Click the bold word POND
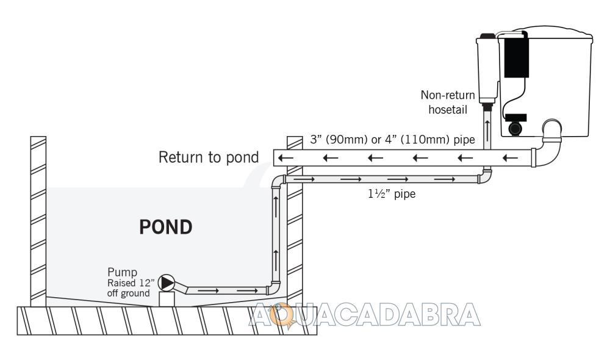pos(166,227)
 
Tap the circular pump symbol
pos(167,283)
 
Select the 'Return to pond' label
pos(209,157)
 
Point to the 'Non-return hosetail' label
pos(448,103)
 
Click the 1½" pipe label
pos(392,193)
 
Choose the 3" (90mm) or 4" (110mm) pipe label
pos(392,140)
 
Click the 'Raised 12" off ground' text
pos(131,288)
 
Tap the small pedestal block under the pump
pos(167,299)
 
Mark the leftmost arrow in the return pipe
pos(285,158)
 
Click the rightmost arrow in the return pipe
pos(510,158)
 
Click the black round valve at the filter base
pos(515,128)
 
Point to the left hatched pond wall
pos(38,221)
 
